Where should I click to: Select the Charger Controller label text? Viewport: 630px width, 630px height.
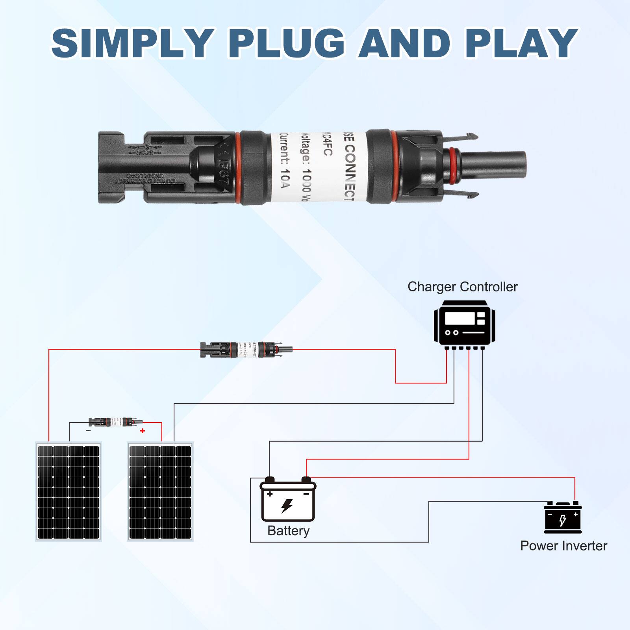click(462, 287)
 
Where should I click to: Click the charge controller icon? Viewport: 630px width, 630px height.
click(464, 325)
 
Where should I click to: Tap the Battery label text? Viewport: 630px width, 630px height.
click(288, 531)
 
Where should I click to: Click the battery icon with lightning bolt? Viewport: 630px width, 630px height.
click(288, 500)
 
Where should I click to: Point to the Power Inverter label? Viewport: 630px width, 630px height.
click(563, 546)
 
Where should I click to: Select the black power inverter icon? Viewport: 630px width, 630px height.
click(563, 518)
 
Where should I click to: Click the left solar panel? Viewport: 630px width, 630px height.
click(69, 492)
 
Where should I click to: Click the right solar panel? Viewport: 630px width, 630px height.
click(160, 492)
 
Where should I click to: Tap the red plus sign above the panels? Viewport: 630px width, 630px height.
click(143, 431)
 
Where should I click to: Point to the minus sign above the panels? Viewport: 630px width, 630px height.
click(88, 431)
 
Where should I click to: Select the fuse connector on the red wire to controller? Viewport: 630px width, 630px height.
click(246, 349)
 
